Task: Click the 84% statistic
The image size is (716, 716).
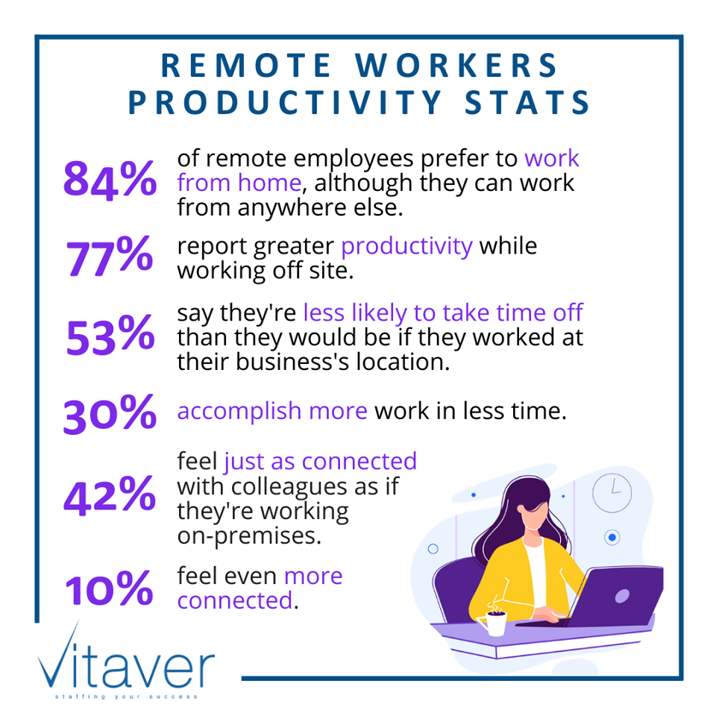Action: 110,181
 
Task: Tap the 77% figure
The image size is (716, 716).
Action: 110,257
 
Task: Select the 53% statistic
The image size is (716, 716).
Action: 110,337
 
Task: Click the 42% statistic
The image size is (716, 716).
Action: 110,496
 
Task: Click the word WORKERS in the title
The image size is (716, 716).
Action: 456,66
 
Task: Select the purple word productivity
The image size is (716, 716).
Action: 406,246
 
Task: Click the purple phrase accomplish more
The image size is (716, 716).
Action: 272,411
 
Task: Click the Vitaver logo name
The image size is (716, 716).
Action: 127,664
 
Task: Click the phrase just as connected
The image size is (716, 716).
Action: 320,462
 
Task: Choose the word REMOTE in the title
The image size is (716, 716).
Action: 246,66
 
